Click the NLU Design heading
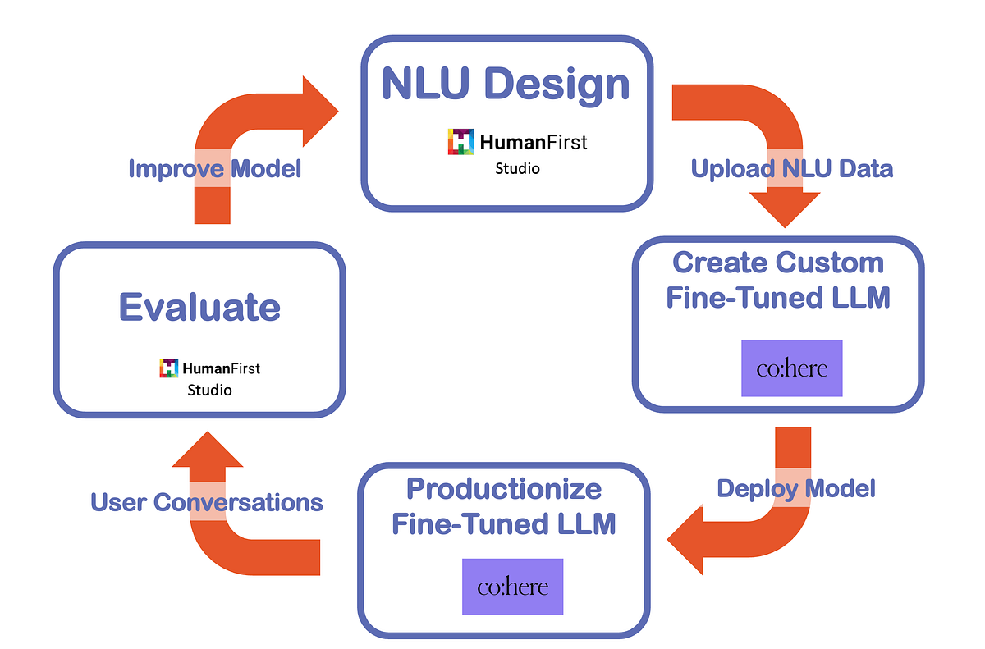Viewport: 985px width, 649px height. pyautogui.click(x=506, y=85)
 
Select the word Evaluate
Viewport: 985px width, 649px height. pyautogui.click(x=199, y=308)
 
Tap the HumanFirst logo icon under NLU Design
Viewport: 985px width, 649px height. pyautogui.click(x=461, y=142)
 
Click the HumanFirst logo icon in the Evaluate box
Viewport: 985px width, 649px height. pyautogui.click(x=169, y=368)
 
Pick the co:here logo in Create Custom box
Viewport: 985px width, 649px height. pyautogui.click(x=791, y=368)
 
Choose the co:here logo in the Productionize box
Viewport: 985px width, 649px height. pyautogui.click(x=512, y=587)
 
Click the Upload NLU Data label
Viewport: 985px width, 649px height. pyautogui.click(x=791, y=168)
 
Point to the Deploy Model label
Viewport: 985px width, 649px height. pyautogui.click(x=795, y=489)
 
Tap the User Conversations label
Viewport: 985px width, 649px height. pyautogui.click(x=207, y=501)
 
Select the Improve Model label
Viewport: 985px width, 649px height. pyautogui.click(x=215, y=168)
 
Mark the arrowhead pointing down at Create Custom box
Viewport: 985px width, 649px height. pyautogui.click(x=786, y=209)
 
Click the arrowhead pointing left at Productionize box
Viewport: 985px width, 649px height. pyautogui.click(x=685, y=541)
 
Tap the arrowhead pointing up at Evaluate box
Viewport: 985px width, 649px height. pyautogui.click(x=207, y=449)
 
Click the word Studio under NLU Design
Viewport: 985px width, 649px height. pyautogui.click(x=517, y=169)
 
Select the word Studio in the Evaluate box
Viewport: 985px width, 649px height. pyautogui.click(x=209, y=390)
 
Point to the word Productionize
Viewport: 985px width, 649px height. pyautogui.click(x=504, y=489)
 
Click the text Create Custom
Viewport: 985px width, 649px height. pyautogui.click(x=777, y=263)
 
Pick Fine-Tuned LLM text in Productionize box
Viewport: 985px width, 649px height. pyautogui.click(x=503, y=523)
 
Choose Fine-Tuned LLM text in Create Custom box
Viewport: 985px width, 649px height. pyautogui.click(x=777, y=297)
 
